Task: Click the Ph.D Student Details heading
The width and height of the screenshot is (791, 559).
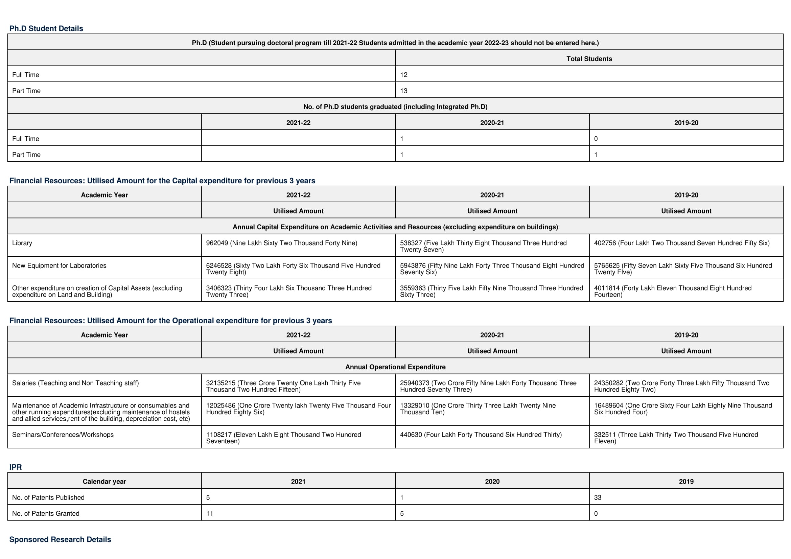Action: pyautogui.click(x=46, y=29)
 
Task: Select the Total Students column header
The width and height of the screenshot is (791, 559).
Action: pyautogui.click(x=589, y=59)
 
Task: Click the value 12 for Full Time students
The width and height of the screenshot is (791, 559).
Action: pyautogui.click(x=404, y=75)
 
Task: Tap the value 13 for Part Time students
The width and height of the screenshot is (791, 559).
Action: pyautogui.click(x=404, y=91)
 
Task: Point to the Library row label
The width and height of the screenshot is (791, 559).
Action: pyautogui.click(x=22, y=243)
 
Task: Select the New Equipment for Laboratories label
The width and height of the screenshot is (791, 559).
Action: pyautogui.click(x=59, y=265)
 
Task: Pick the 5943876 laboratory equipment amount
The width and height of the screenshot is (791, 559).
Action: pyautogui.click(x=492, y=269)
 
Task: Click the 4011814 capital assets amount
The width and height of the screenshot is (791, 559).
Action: pyautogui.click(x=672, y=291)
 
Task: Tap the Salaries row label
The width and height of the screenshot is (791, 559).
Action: pyautogui.click(x=75, y=383)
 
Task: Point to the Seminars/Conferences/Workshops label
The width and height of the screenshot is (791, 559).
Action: pyautogui.click(x=63, y=435)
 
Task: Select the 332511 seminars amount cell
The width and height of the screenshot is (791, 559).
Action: pyautogui.click(x=676, y=438)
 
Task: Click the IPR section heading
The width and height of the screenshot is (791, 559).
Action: pyautogui.click(x=16, y=467)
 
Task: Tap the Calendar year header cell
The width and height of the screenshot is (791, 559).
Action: pyautogui.click(x=104, y=482)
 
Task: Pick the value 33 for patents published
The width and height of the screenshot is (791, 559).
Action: pyautogui.click(x=597, y=498)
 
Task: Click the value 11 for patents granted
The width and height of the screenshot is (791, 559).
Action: pyautogui.click(x=209, y=514)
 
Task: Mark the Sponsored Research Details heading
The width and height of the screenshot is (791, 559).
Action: pyautogui.click(x=60, y=539)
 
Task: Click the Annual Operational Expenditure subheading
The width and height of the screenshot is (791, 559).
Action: pyautogui.click(x=395, y=367)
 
